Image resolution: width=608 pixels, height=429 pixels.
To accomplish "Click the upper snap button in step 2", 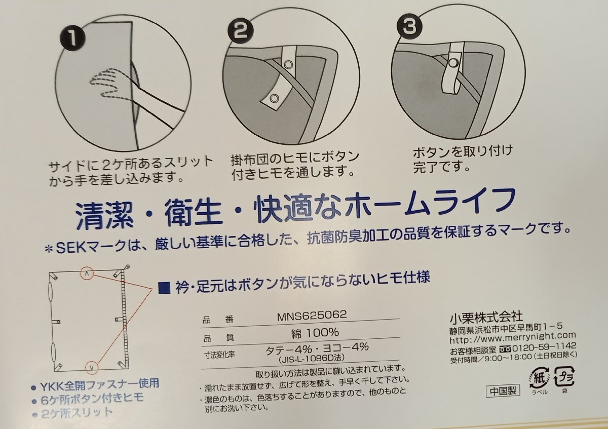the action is (x=288, y=65).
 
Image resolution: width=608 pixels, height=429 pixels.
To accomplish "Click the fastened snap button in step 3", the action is (x=452, y=63).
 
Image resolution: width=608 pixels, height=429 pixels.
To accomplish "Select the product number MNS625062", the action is (x=312, y=315).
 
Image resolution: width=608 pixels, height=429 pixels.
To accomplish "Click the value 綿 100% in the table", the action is (x=315, y=333).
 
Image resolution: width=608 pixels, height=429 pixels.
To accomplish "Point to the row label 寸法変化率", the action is (x=219, y=355).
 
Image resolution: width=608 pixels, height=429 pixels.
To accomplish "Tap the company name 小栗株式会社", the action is (x=486, y=317).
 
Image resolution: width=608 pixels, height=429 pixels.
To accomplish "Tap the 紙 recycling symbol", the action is (x=539, y=377).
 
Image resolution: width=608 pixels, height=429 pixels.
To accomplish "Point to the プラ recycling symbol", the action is (x=564, y=377).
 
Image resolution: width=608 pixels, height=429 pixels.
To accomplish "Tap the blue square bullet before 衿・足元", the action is (x=165, y=288).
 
